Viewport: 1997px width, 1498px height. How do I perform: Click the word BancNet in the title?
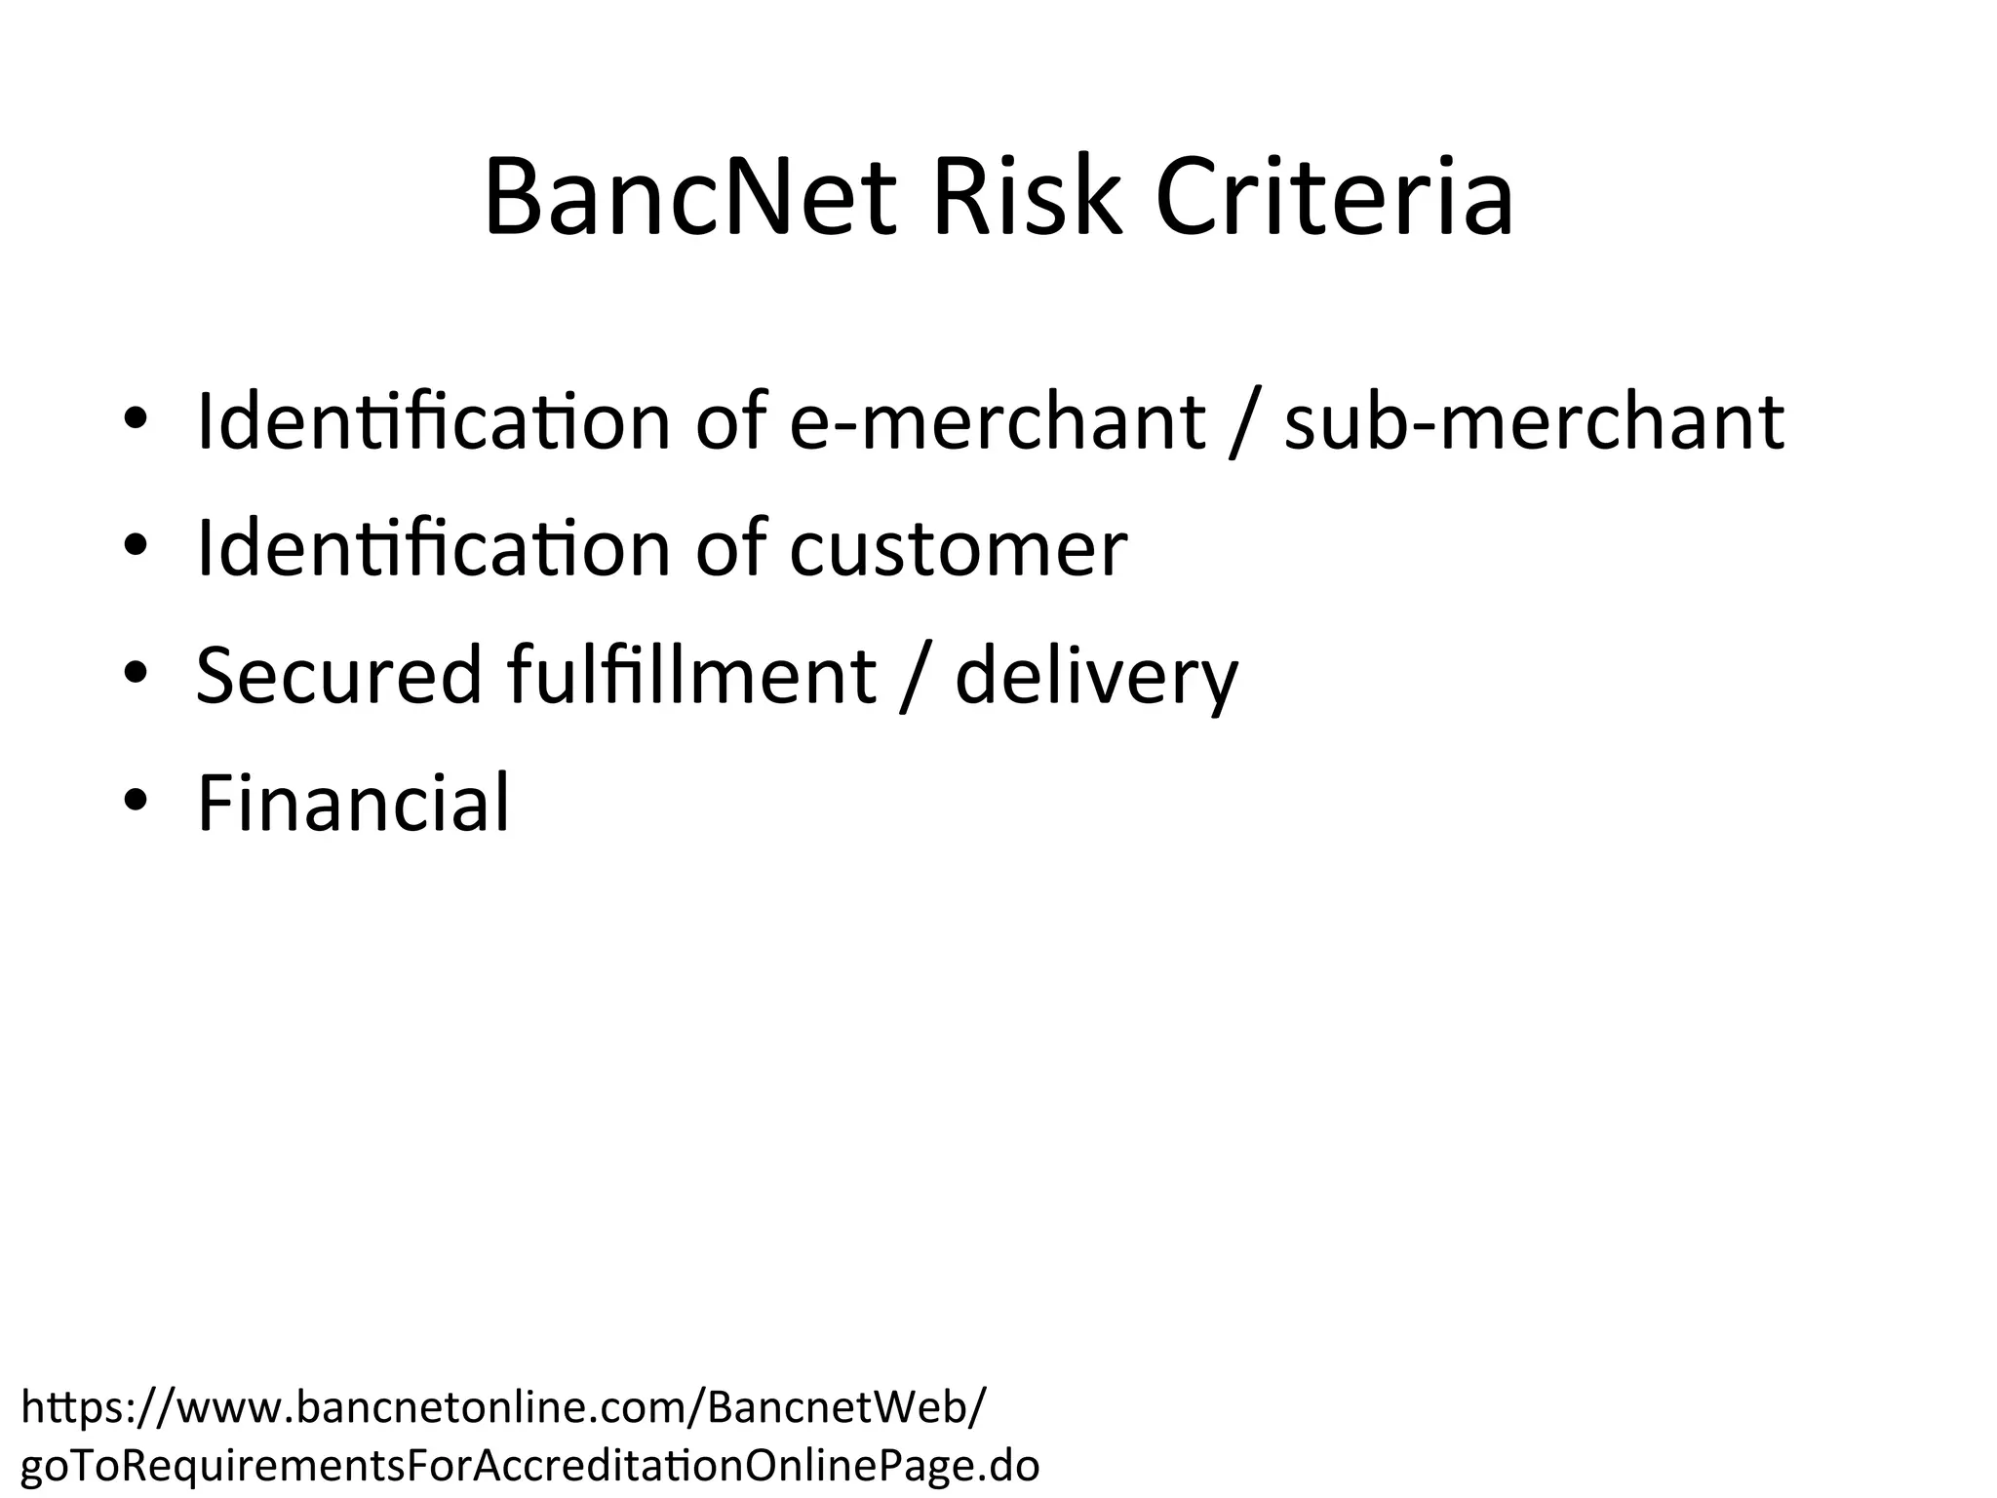pos(688,198)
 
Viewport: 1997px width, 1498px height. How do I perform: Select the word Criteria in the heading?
pos(1334,198)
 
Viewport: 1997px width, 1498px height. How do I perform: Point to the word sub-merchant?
pos(1534,421)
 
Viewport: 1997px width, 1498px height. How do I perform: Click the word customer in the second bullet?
pos(958,549)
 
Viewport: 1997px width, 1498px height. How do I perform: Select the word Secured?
pos(339,675)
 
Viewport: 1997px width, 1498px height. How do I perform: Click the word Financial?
pos(353,803)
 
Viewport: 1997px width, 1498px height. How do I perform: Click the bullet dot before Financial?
pos(135,802)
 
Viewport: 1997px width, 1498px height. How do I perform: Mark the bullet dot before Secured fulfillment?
pos(135,674)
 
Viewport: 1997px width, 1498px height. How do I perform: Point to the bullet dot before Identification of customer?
pos(135,546)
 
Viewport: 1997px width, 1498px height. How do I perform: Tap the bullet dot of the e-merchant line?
pos(135,419)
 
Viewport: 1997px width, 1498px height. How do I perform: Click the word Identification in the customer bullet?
pos(433,548)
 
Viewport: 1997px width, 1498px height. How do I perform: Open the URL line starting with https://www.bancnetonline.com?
pos(503,1407)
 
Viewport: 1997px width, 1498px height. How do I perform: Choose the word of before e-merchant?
pos(730,421)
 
